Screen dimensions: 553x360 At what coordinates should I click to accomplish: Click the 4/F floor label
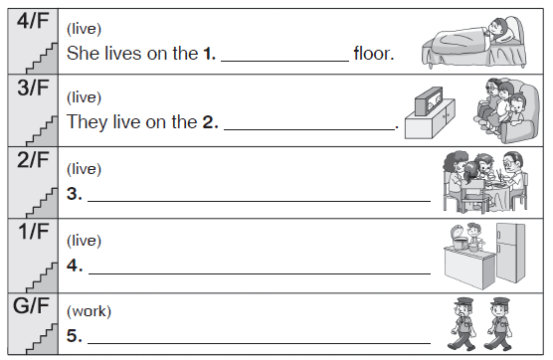pyautogui.click(x=33, y=21)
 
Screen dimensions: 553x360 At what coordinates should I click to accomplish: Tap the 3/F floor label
pyautogui.click(x=33, y=88)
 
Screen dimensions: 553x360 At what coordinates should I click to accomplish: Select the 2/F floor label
pyautogui.click(x=33, y=160)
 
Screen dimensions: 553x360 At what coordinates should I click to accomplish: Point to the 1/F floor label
pyautogui.click(x=34, y=232)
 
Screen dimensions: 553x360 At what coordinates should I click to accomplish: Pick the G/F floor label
pyautogui.click(x=32, y=305)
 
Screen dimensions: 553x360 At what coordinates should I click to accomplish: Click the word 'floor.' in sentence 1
pyautogui.click(x=374, y=54)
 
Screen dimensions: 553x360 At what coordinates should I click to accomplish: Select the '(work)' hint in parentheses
pyautogui.click(x=89, y=311)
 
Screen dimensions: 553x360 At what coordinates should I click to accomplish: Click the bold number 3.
pyautogui.click(x=74, y=194)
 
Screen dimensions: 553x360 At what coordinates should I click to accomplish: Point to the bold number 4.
pyautogui.click(x=75, y=266)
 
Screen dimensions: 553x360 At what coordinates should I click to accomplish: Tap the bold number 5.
pyautogui.click(x=74, y=336)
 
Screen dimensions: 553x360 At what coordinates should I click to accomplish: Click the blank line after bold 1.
pyautogui.click(x=285, y=62)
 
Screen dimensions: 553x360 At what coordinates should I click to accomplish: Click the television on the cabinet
pyautogui.click(x=429, y=101)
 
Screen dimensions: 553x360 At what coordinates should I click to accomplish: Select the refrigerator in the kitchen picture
pyautogui.click(x=510, y=253)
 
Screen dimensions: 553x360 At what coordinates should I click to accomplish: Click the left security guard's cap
pyautogui.click(x=463, y=301)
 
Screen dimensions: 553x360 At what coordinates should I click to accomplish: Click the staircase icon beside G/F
pyautogui.click(x=42, y=339)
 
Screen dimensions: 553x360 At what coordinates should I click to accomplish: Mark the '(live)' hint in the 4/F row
pyautogui.click(x=84, y=29)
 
